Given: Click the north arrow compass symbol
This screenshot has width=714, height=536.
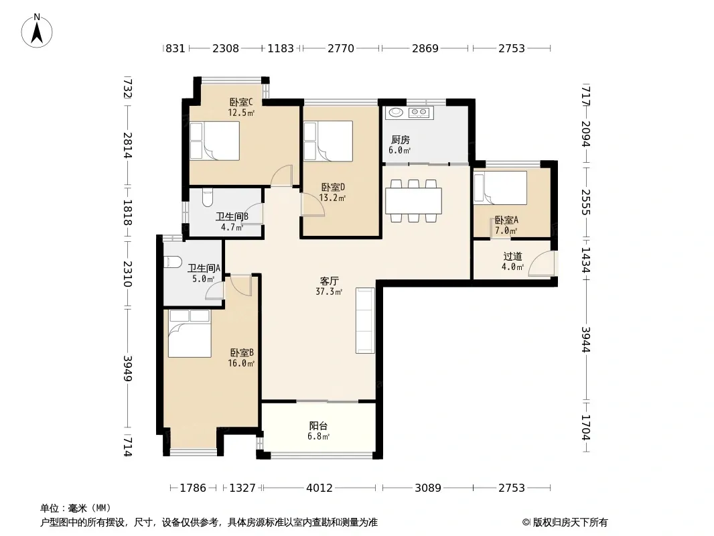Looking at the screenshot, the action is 37,31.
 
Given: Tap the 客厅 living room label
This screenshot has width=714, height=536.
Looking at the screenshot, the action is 329,281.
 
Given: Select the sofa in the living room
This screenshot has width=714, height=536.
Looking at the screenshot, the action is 365,320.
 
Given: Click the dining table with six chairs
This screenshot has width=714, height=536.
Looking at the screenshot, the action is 413,200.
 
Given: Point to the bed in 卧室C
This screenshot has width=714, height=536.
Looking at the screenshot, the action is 214,141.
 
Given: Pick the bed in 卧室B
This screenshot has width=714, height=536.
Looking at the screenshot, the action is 190,334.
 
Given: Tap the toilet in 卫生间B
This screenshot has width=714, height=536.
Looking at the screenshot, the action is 207,197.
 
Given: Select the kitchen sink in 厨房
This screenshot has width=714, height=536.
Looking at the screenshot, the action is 395,112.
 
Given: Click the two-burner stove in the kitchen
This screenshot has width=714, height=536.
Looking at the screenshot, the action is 419,112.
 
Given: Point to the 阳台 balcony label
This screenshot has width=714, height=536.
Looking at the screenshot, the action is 318,426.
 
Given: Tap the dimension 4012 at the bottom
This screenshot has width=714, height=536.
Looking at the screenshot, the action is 319,488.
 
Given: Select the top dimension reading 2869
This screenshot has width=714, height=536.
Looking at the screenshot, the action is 425,48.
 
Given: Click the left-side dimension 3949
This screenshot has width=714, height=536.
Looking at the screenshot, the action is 128,368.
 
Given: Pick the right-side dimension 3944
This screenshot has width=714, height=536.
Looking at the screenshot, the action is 585,340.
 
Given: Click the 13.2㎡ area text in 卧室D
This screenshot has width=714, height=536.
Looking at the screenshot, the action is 332,198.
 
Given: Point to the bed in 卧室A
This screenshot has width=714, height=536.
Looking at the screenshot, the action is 500,188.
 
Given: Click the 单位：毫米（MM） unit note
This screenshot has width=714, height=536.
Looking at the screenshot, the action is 76,509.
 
